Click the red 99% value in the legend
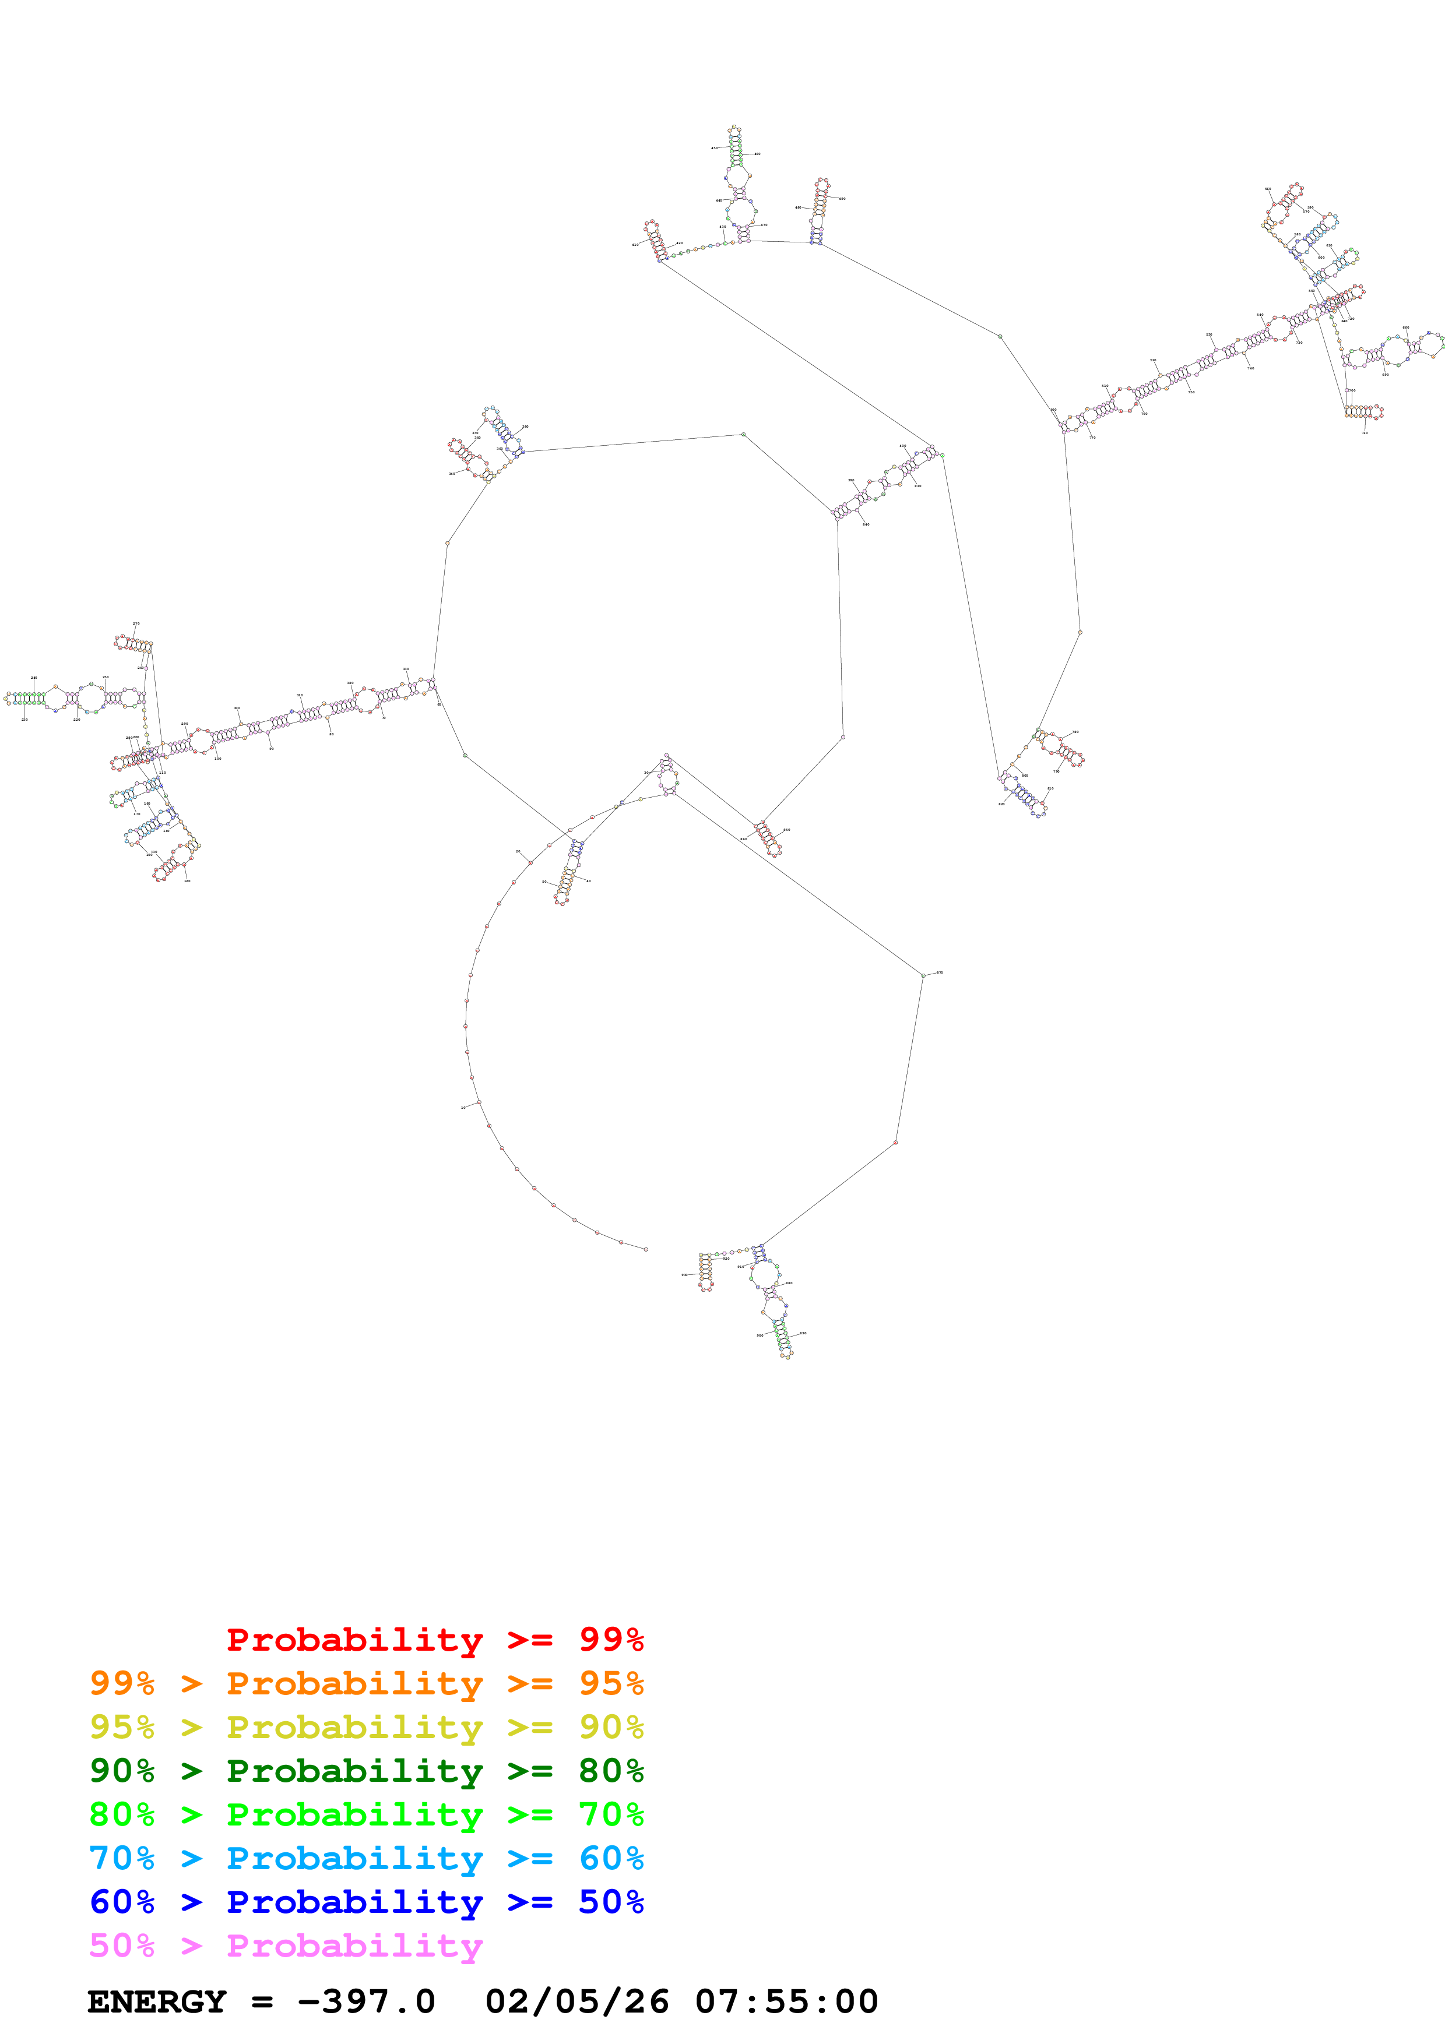point(611,1640)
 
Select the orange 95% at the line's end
point(611,1683)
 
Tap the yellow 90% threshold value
point(611,1727)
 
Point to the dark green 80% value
point(611,1771)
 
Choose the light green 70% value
point(611,1814)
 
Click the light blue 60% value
point(611,1858)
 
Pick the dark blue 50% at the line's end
point(611,1902)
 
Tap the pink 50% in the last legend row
point(122,1945)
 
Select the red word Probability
point(354,1640)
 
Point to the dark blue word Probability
point(354,1902)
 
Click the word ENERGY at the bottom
point(157,2002)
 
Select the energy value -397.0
point(366,2002)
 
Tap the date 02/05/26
point(577,2002)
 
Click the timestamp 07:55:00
point(786,2002)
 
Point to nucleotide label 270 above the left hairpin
point(136,624)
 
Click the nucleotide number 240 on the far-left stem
point(34,678)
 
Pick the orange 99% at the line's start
point(122,1683)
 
